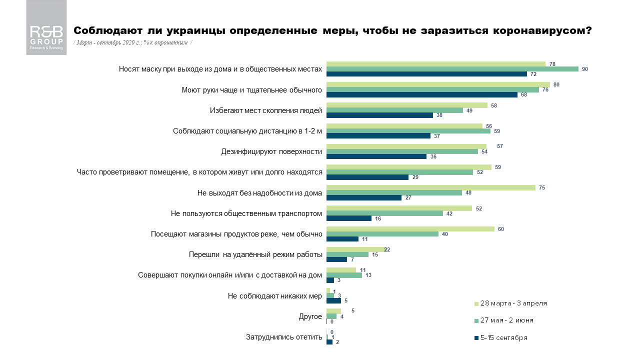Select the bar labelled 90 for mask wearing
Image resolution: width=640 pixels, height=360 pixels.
[452, 69]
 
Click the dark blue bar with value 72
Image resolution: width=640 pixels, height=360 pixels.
[426, 74]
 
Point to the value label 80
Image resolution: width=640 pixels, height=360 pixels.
[556, 84]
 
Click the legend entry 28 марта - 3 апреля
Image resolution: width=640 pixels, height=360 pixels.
[513, 303]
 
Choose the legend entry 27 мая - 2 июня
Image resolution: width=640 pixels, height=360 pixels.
[509, 320]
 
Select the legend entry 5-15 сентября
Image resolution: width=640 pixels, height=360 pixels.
[503, 337]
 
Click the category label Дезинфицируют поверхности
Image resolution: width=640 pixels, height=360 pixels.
[271, 151]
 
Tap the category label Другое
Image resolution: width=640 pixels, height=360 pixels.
[310, 316]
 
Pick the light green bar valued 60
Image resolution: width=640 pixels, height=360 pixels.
[410, 228]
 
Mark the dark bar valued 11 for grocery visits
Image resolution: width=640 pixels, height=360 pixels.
[342, 239]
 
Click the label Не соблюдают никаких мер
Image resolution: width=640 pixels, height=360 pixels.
[274, 296]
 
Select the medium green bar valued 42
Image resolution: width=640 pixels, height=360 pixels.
[384, 213]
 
